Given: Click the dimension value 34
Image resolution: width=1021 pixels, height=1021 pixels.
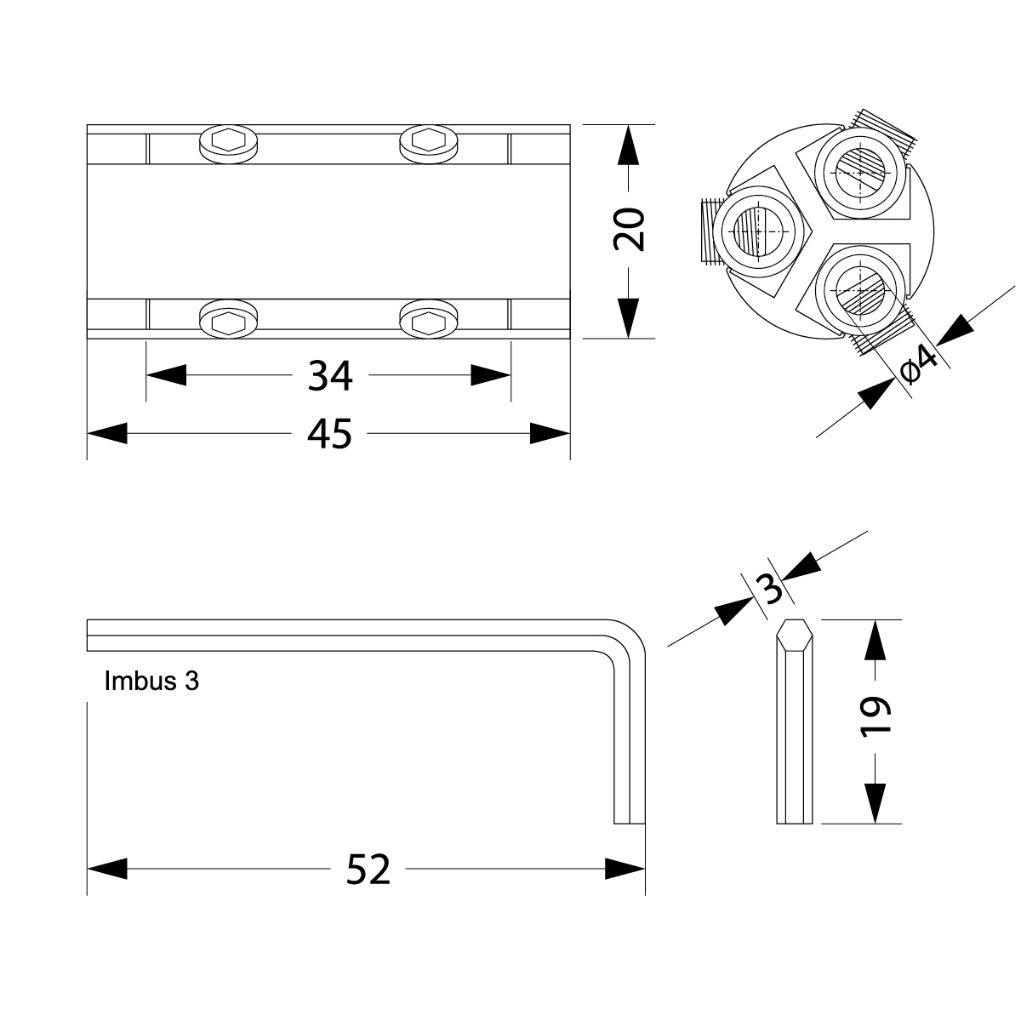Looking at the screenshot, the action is pos(330,376).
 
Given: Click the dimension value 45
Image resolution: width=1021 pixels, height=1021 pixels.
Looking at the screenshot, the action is pos(329,434).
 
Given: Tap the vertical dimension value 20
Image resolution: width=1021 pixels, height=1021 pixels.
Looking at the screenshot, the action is pos(629,230).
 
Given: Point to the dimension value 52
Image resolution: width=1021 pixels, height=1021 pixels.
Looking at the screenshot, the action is pos(368,870).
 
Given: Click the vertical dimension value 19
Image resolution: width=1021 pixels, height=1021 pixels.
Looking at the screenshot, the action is pos(875,718).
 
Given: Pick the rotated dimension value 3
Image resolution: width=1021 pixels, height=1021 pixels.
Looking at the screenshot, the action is pos(773,588).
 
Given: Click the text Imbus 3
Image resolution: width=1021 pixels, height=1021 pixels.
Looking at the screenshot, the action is pos(151,681).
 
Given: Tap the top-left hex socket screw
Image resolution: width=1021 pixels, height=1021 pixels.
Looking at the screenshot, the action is pos(228,144).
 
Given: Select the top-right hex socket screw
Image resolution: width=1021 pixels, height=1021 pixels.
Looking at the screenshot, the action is pos(429,144).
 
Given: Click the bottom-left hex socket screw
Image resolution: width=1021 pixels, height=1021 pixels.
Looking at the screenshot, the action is pos(228,319).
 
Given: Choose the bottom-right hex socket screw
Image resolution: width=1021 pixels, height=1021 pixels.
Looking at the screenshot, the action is pos(429,319).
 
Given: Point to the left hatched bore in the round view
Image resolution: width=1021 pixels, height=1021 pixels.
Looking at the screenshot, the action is pos(759,232).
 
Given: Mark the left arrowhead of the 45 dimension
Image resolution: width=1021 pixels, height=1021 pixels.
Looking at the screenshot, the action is pos(107,433).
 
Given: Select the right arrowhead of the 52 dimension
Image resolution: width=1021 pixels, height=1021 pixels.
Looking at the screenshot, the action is pos(625,869).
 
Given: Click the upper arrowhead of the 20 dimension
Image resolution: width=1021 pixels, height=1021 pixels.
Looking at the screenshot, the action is pos(628,145).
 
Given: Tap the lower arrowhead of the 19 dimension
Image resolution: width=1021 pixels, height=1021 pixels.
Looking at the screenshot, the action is pos(875,804).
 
